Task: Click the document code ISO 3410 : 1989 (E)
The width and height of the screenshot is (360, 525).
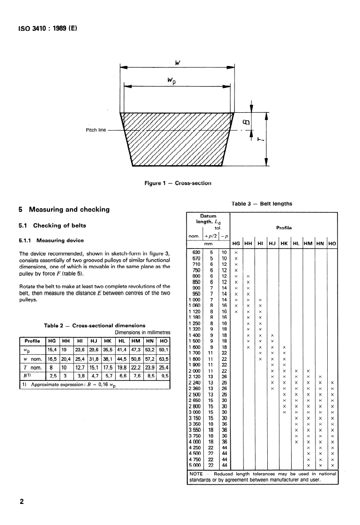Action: pyautogui.click(x=45, y=28)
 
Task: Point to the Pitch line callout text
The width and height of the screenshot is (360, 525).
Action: pyautogui.click(x=96, y=130)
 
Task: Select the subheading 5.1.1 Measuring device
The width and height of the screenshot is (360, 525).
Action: pyautogui.click(x=51, y=241)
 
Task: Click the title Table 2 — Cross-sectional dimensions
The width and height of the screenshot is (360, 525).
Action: pyautogui.click(x=94, y=325)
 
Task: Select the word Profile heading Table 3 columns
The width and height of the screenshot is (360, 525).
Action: pyautogui.click(x=284, y=228)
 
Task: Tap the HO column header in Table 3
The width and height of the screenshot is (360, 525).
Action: pyautogui.click(x=332, y=244)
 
